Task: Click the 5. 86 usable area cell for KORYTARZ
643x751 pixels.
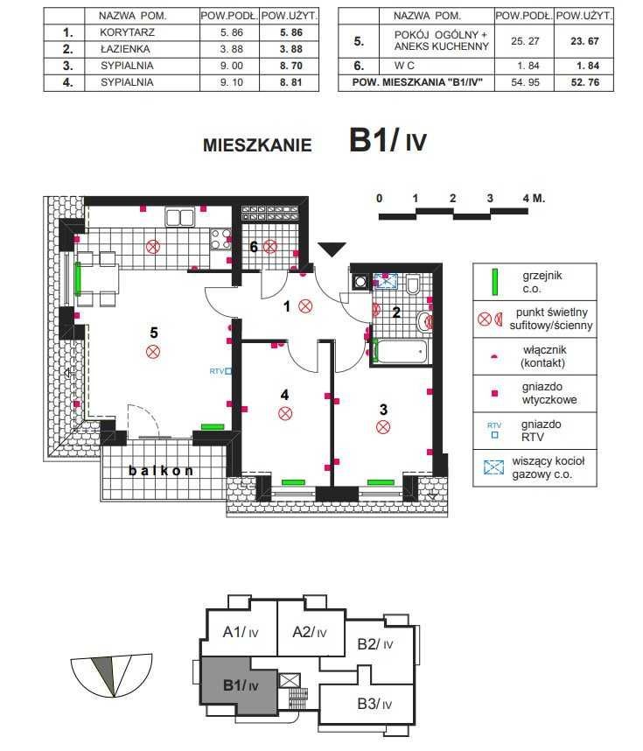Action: tap(290, 32)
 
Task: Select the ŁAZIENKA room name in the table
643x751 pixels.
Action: tap(125, 49)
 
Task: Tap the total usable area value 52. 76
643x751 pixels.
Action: tap(584, 82)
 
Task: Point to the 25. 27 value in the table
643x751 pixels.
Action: tap(525, 41)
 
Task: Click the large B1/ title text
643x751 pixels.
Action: tap(374, 140)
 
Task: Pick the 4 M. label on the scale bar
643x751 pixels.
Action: tap(534, 198)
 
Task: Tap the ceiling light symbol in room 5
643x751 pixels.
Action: tap(153, 352)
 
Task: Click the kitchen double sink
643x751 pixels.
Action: tap(180, 217)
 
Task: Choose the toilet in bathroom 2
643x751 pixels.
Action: tap(412, 284)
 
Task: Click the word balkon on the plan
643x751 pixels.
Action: tap(161, 471)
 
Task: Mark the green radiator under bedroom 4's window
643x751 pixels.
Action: tap(293, 482)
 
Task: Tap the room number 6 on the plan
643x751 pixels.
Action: tap(254, 247)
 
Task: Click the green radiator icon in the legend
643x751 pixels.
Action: tap(494, 283)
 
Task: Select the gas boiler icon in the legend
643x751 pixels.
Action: tap(494, 467)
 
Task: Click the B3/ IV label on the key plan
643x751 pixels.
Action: tap(374, 704)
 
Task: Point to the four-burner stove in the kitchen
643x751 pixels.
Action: tap(220, 240)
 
